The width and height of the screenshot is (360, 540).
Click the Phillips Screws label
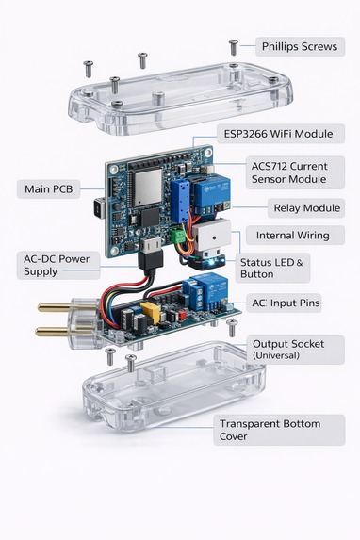point(300,46)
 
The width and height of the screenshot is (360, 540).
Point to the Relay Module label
point(306,208)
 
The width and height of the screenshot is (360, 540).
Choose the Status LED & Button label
point(272,268)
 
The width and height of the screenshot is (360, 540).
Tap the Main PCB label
point(49,189)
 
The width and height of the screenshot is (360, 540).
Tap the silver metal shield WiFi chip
point(148,188)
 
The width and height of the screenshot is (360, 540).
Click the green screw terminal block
point(178,236)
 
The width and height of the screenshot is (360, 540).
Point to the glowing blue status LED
point(212,262)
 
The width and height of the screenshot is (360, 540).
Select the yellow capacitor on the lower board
point(151,312)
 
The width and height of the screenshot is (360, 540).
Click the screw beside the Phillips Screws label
point(234,47)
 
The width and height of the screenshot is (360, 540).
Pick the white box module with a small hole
point(211,237)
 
